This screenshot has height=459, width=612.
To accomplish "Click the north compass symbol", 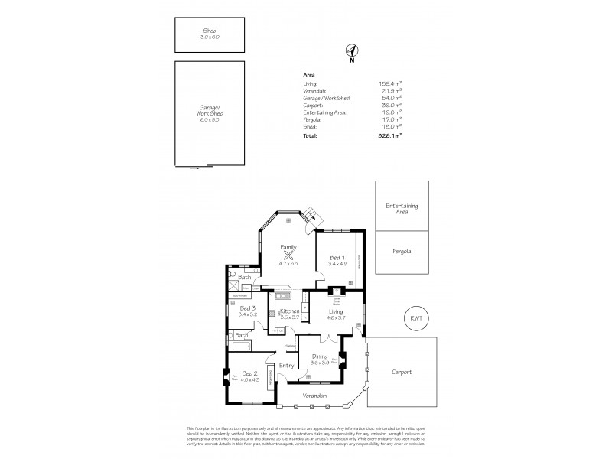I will tap(351, 52).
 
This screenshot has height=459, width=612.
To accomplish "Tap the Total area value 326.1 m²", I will tap(392, 135).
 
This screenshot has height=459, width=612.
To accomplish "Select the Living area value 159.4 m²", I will tap(391, 83).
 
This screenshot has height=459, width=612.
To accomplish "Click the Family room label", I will tap(288, 248).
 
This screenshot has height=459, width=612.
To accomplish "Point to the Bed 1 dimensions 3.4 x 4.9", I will tap(337, 264).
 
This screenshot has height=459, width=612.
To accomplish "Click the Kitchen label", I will tap(289, 311).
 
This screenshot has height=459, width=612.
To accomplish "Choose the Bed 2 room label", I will tap(251, 373).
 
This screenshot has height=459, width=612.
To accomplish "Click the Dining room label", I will tap(320, 356).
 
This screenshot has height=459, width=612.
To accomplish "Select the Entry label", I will tap(286, 366).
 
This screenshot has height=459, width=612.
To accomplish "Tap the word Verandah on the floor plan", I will tap(314, 396).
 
